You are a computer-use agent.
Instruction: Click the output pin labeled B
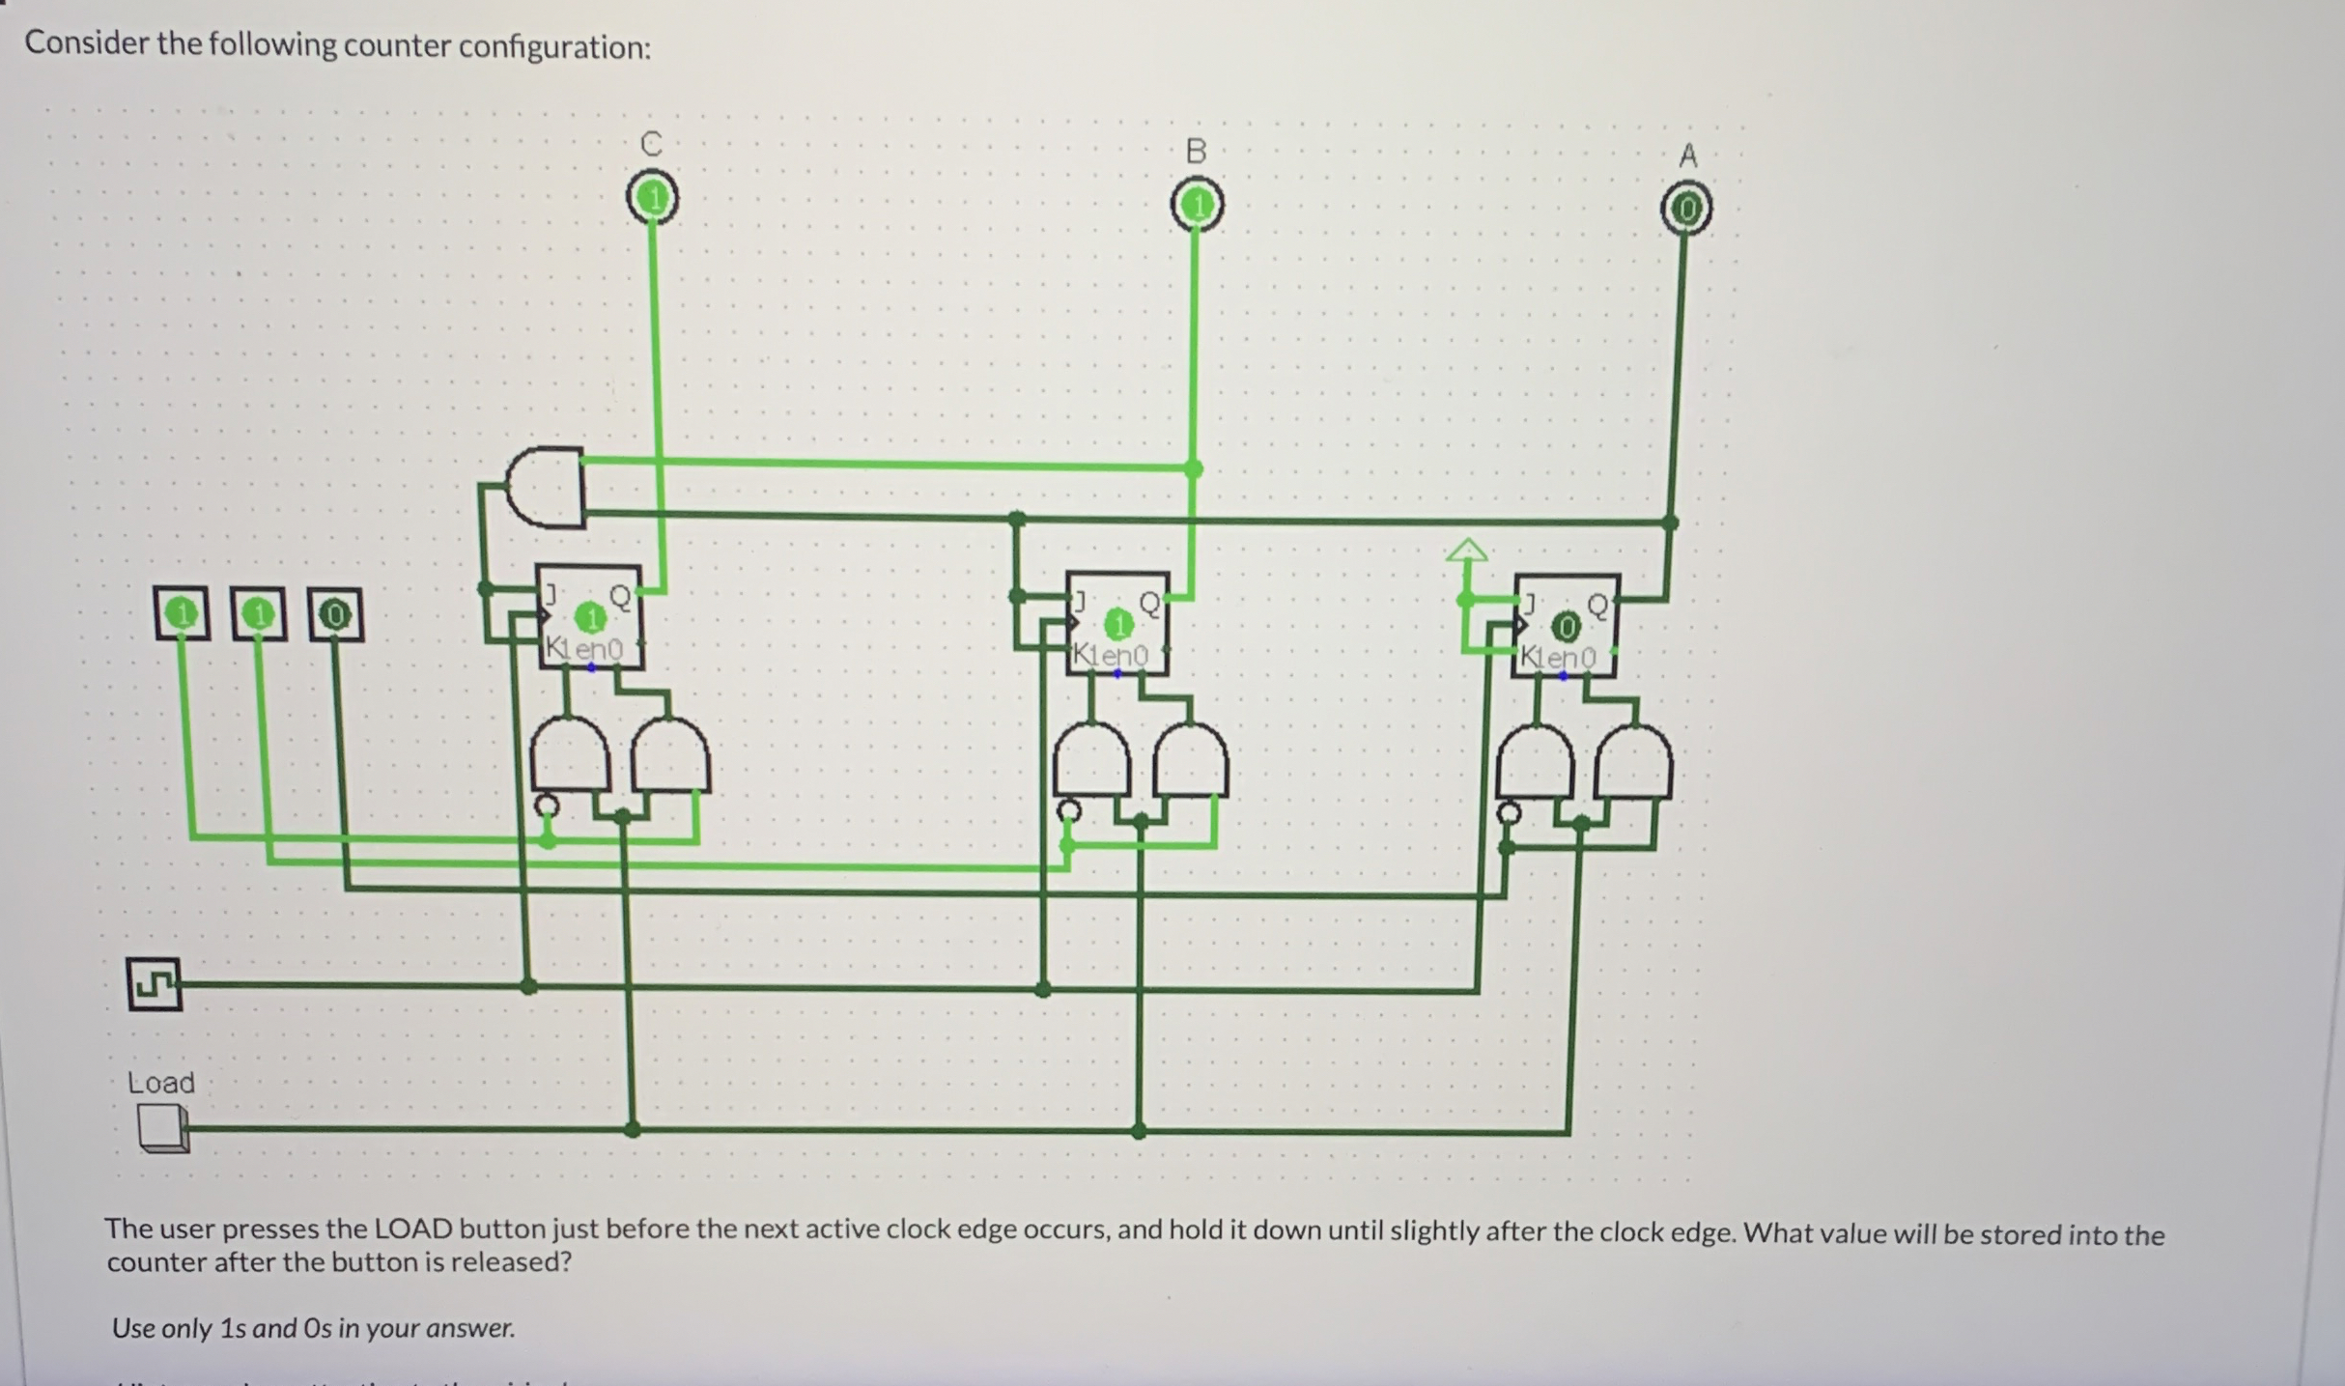[1197, 206]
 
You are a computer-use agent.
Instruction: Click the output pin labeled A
[1685, 210]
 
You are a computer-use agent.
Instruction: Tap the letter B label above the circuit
[1196, 152]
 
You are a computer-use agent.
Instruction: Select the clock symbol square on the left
[154, 984]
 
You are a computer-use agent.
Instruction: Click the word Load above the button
[161, 1083]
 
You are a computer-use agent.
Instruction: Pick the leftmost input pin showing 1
[181, 613]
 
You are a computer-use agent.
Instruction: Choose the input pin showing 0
[335, 614]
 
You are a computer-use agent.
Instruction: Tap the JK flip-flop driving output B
[1117, 624]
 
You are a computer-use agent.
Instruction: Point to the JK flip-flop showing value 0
[1566, 627]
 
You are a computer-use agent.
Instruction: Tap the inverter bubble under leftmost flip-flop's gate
[547, 805]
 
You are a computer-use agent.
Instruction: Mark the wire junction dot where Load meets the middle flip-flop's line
[1139, 1130]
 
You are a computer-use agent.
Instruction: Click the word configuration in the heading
[553, 47]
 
